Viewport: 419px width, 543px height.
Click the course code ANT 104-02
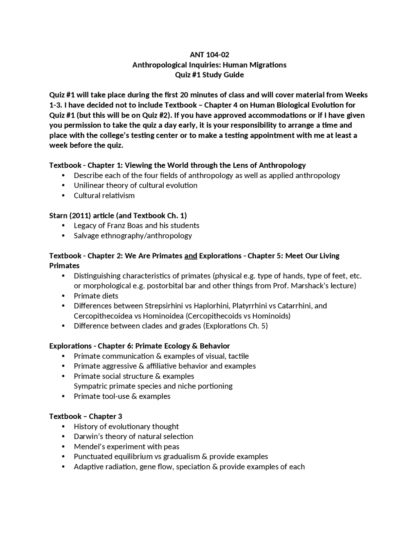(x=209, y=55)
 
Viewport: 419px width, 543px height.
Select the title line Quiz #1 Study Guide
(x=209, y=75)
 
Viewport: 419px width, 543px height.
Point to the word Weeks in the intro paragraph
(x=356, y=95)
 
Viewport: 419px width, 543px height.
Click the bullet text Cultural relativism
(x=104, y=195)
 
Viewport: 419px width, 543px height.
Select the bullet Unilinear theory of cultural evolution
(x=136, y=185)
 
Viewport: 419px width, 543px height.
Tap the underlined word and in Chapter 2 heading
(x=191, y=256)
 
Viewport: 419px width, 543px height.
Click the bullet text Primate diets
(x=96, y=296)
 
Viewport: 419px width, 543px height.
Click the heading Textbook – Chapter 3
(x=86, y=416)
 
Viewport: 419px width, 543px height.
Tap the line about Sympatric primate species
(x=153, y=386)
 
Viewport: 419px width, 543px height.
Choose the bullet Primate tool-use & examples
(x=122, y=396)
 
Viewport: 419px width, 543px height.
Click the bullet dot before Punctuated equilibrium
(x=63, y=457)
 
